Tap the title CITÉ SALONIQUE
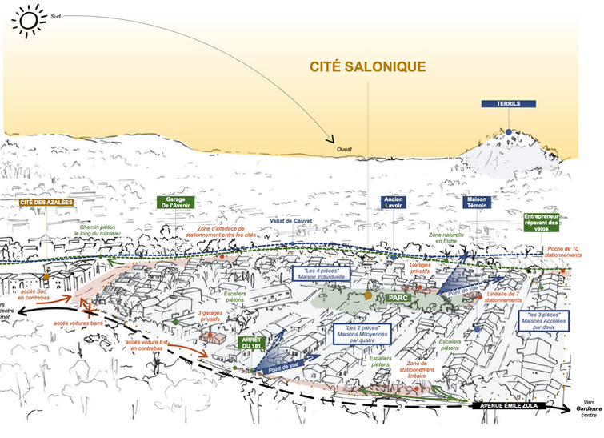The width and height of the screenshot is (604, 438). pyautogui.click(x=368, y=66)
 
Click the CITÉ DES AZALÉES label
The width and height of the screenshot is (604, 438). pyautogui.click(x=46, y=203)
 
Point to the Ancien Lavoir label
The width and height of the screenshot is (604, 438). pyautogui.click(x=394, y=203)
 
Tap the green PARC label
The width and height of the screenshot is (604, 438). pyautogui.click(x=398, y=297)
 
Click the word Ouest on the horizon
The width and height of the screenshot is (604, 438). pyautogui.click(x=345, y=149)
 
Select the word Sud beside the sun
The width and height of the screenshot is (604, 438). pyautogui.click(x=55, y=15)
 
